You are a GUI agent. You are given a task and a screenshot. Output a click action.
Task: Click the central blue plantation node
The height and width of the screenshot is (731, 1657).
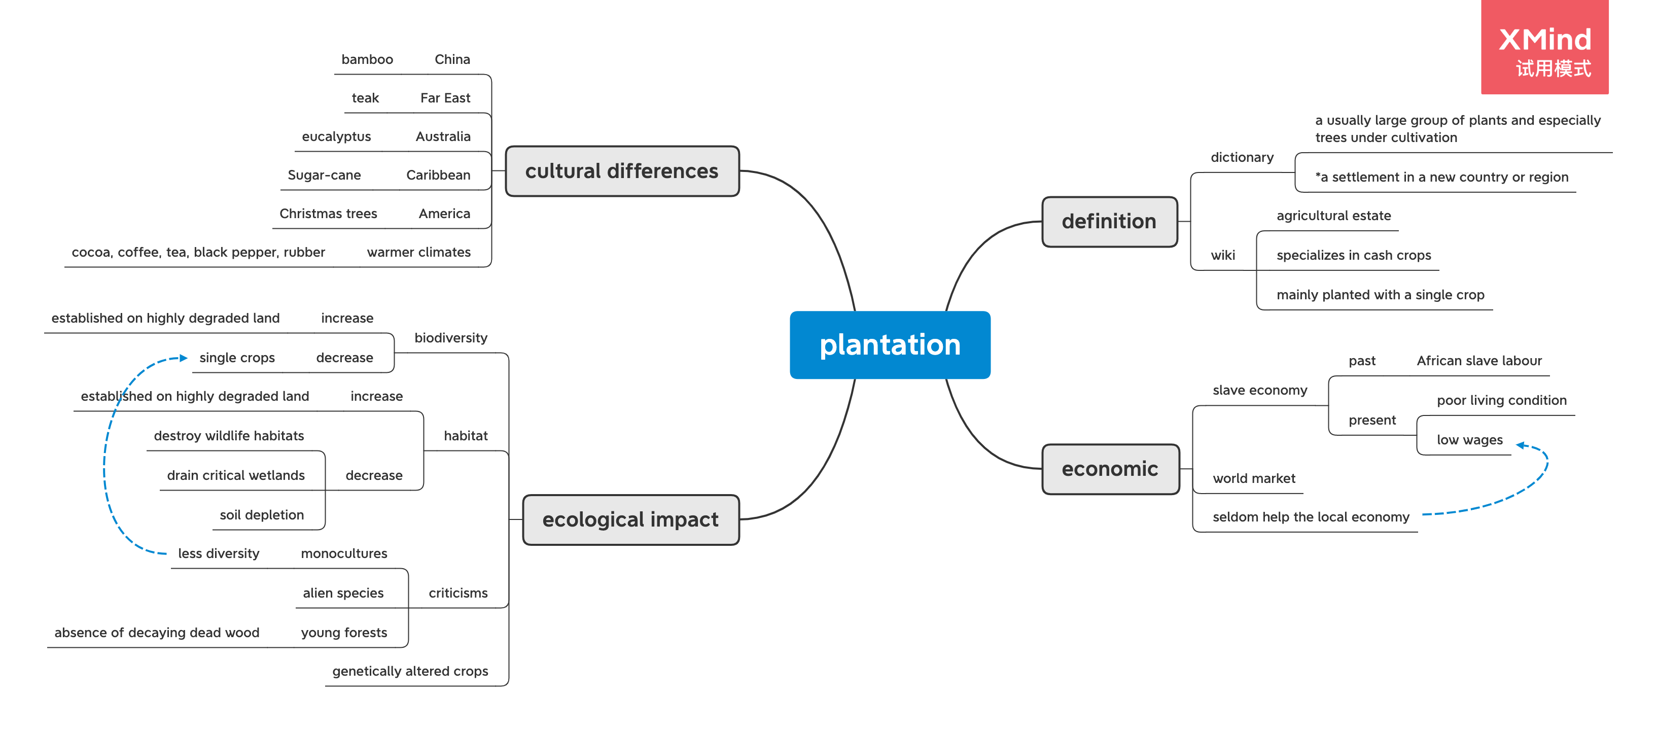(x=890, y=345)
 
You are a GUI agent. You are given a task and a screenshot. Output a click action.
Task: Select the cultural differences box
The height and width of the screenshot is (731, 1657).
(x=621, y=171)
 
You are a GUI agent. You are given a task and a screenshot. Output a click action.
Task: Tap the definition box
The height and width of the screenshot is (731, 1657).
(x=1109, y=221)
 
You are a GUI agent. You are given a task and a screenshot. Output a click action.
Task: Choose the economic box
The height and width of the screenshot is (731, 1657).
(x=1110, y=469)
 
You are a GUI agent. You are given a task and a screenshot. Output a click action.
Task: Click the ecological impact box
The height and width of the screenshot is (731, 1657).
(x=630, y=519)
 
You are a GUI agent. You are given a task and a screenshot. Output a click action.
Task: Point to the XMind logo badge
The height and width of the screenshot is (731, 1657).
(x=1544, y=48)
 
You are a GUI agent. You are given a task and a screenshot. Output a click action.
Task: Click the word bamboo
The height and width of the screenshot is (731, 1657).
(x=367, y=60)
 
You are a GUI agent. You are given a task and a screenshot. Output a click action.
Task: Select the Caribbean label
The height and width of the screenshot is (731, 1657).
(x=438, y=175)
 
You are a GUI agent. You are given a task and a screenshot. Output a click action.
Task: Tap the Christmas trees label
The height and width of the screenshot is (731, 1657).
(x=328, y=214)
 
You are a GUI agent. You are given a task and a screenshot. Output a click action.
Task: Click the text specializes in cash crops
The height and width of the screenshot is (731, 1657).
(x=1353, y=256)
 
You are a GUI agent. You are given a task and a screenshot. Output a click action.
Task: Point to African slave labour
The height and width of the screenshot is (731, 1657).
(x=1479, y=361)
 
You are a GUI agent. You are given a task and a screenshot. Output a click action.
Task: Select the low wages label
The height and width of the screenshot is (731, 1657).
(x=1469, y=440)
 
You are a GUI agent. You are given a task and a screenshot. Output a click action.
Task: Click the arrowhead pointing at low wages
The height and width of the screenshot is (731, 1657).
(x=1521, y=445)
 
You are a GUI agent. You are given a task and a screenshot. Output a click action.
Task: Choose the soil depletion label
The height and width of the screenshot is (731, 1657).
(x=261, y=515)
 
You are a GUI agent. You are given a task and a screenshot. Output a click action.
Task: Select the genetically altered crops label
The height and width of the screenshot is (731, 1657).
(x=410, y=672)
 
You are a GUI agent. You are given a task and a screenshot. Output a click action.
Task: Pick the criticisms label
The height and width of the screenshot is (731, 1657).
(x=458, y=594)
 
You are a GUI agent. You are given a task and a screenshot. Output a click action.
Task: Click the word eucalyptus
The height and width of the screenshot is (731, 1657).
(x=336, y=136)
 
